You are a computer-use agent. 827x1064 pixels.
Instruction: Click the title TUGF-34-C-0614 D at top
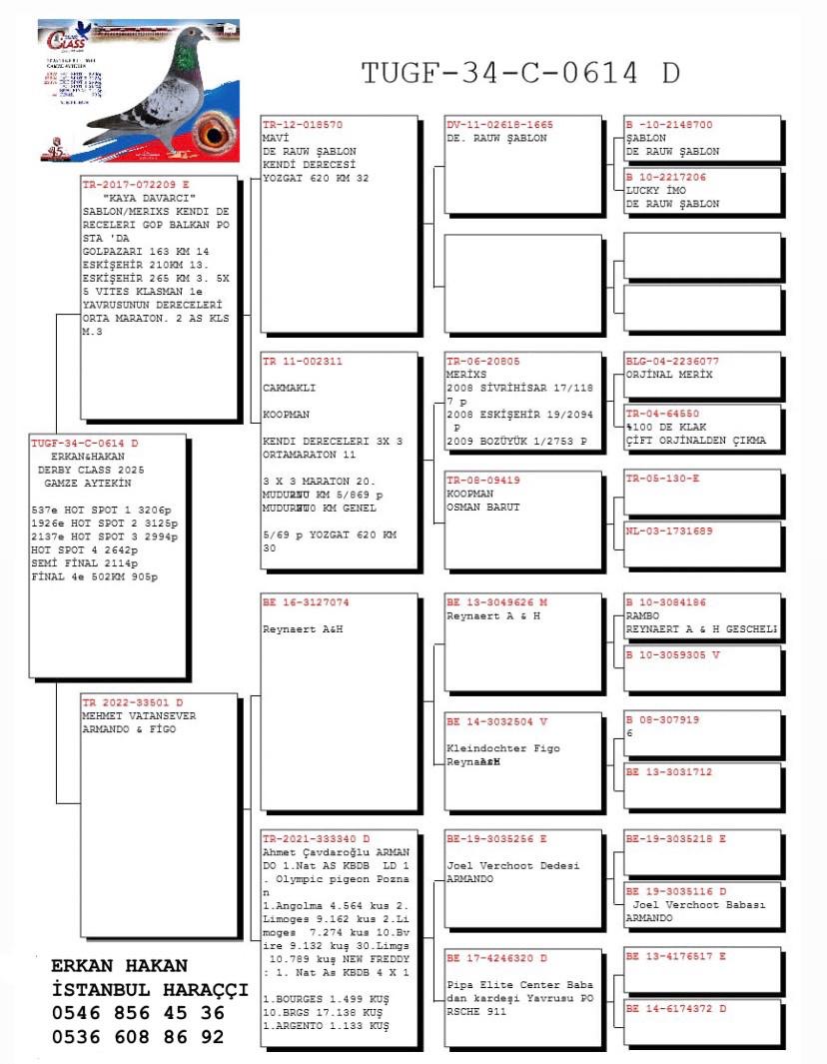520,73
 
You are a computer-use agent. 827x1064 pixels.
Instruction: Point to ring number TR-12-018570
303,126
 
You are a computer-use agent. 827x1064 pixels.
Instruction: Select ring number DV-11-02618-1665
499,126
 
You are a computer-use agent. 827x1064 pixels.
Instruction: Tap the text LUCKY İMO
655,190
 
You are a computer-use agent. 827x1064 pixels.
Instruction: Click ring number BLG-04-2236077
672,361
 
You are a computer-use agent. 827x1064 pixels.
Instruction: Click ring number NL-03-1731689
669,531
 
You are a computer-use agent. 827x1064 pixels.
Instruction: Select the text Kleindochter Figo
502,748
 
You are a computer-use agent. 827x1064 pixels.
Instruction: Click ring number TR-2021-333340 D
316,838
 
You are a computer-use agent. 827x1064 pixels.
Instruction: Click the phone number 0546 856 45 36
137,1013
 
